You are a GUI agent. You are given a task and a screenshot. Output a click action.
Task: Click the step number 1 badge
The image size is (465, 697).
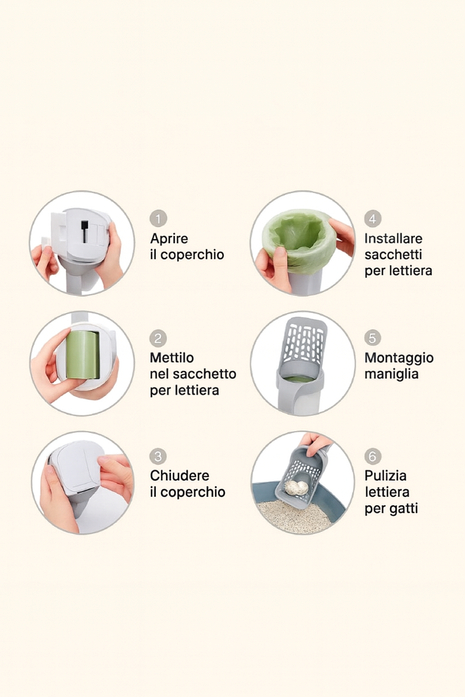click(x=158, y=218)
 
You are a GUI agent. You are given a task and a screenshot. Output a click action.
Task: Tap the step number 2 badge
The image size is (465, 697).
click(x=158, y=338)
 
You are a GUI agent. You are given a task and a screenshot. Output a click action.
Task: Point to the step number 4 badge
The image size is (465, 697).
click(x=372, y=218)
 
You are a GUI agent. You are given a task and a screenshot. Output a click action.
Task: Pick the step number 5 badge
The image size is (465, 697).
click(x=372, y=338)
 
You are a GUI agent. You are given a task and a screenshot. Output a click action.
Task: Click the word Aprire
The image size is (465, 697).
click(x=169, y=239)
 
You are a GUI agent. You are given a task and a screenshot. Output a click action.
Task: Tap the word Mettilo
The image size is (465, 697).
click(x=172, y=358)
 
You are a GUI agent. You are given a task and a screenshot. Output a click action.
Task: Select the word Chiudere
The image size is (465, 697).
click(x=179, y=476)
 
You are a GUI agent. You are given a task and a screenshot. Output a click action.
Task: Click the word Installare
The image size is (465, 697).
click(x=393, y=239)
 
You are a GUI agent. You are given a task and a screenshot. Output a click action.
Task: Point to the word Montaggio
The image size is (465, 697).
click(x=399, y=358)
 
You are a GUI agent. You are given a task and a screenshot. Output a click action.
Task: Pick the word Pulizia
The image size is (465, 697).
click(x=385, y=476)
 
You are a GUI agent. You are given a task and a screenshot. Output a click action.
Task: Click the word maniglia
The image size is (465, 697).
click(x=391, y=374)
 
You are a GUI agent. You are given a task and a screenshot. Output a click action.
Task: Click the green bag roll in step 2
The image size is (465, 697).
click(x=83, y=355)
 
